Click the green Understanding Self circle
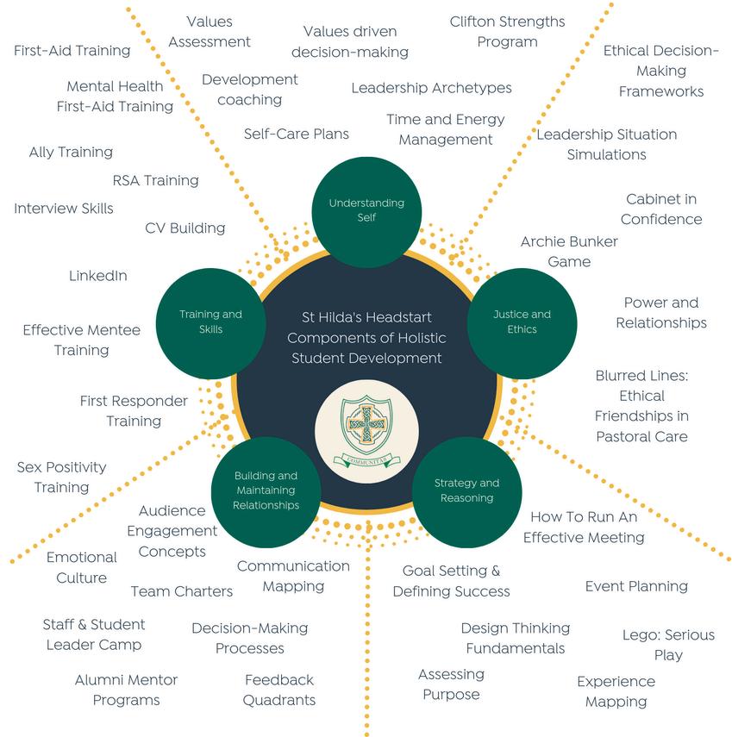pos(366,210)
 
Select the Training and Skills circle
pos(210,322)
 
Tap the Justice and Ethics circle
pos(522,322)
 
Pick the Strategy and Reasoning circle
pos(466,490)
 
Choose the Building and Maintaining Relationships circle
pos(266,490)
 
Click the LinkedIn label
pos(98,276)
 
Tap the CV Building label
pos(185,228)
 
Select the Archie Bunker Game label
pos(569,251)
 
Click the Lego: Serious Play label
pos(668,645)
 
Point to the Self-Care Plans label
pos(296,134)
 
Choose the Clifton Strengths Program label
pos(507,32)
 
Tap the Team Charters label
pos(182,591)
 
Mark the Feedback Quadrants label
pos(278,690)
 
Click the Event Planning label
pos(636,586)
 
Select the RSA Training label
pos(155,180)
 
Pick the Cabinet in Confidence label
pos(661,209)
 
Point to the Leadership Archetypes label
pos(431,88)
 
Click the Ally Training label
pos(71,152)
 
